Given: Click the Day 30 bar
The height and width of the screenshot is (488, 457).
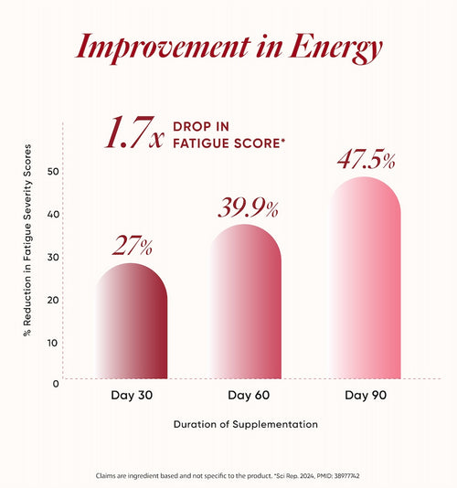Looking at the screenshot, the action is click(x=132, y=321).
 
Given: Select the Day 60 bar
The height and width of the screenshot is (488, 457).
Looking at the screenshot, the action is click(x=246, y=302).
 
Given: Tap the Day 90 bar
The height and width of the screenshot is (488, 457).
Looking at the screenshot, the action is click(x=366, y=278).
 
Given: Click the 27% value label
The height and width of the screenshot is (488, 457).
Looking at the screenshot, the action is click(x=133, y=246).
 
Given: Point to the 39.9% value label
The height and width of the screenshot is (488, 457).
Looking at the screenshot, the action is click(x=248, y=207).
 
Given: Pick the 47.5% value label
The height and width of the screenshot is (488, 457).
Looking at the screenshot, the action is click(x=367, y=160).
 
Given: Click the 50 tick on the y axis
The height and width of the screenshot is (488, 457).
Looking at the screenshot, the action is click(x=53, y=171).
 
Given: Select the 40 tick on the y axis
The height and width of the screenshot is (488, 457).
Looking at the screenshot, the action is click(x=53, y=214).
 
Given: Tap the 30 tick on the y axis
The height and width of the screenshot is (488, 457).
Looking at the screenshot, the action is click(x=53, y=257).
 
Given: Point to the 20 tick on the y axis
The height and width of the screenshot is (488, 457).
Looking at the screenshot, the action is click(x=53, y=300).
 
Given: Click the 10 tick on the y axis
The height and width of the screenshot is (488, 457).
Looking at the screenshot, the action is click(x=53, y=343).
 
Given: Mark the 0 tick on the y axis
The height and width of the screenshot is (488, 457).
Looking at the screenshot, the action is click(x=56, y=384).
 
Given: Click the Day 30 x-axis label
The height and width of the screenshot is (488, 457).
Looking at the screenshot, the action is click(x=132, y=396).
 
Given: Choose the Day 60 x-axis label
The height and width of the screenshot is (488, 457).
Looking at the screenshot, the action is click(x=249, y=396).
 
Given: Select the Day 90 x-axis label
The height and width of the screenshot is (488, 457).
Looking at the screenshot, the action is click(x=366, y=396).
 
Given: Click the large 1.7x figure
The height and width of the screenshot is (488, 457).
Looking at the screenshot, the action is click(x=134, y=133).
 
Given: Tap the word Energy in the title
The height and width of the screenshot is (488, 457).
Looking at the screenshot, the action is click(x=335, y=48).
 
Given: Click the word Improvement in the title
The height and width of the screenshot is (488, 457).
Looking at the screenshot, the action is click(x=163, y=48).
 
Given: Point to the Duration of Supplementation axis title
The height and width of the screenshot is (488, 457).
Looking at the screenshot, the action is click(x=246, y=424).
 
